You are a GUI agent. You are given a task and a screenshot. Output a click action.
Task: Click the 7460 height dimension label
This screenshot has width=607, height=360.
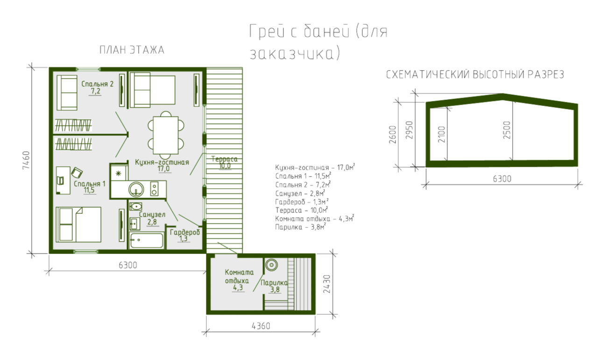click(x=26, y=161)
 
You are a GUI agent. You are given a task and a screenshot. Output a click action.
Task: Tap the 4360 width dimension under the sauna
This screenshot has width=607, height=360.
click(x=261, y=326)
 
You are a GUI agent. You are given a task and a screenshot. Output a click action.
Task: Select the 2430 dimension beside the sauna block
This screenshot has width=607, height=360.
click(x=327, y=284)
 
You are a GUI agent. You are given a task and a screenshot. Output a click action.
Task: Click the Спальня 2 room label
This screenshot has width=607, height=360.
click(x=97, y=84)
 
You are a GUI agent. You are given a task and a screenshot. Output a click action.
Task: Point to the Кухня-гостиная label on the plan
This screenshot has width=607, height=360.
click(x=162, y=162)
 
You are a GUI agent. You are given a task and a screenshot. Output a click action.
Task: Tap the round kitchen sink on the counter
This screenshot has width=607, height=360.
click(x=136, y=189)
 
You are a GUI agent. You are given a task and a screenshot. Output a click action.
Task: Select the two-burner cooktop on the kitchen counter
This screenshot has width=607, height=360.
click(x=155, y=189)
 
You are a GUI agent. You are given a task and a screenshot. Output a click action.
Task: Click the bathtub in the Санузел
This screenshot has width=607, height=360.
click(x=146, y=240)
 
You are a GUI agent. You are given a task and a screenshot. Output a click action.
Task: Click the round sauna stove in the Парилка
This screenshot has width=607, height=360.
click(x=271, y=265)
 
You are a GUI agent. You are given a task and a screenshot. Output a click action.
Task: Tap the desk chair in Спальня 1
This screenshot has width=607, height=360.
click(x=77, y=172)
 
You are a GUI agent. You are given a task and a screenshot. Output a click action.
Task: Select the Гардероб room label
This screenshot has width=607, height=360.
click(x=185, y=233)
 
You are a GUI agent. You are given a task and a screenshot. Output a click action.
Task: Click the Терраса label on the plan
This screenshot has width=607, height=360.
click(x=225, y=159)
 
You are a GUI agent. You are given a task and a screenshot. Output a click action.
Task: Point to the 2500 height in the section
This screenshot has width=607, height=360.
click(x=507, y=130)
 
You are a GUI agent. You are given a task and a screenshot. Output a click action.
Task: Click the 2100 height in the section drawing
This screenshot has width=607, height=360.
click(x=441, y=134)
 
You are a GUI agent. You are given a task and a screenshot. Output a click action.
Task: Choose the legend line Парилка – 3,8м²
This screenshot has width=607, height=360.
click(x=300, y=227)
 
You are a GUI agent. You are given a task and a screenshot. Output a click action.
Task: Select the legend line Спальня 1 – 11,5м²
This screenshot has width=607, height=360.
click(x=303, y=176)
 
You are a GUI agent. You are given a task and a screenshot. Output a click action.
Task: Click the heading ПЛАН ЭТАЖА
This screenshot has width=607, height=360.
click(x=132, y=50)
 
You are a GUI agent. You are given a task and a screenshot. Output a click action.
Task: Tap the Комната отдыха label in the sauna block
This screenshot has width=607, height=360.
click(x=239, y=276)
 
